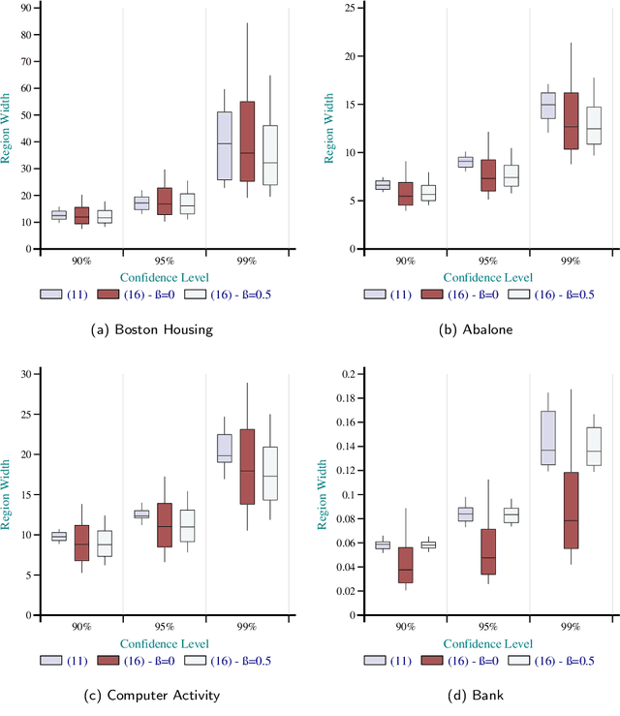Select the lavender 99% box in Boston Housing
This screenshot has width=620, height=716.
click(224, 145)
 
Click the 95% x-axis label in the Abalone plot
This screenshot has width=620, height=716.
click(488, 262)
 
